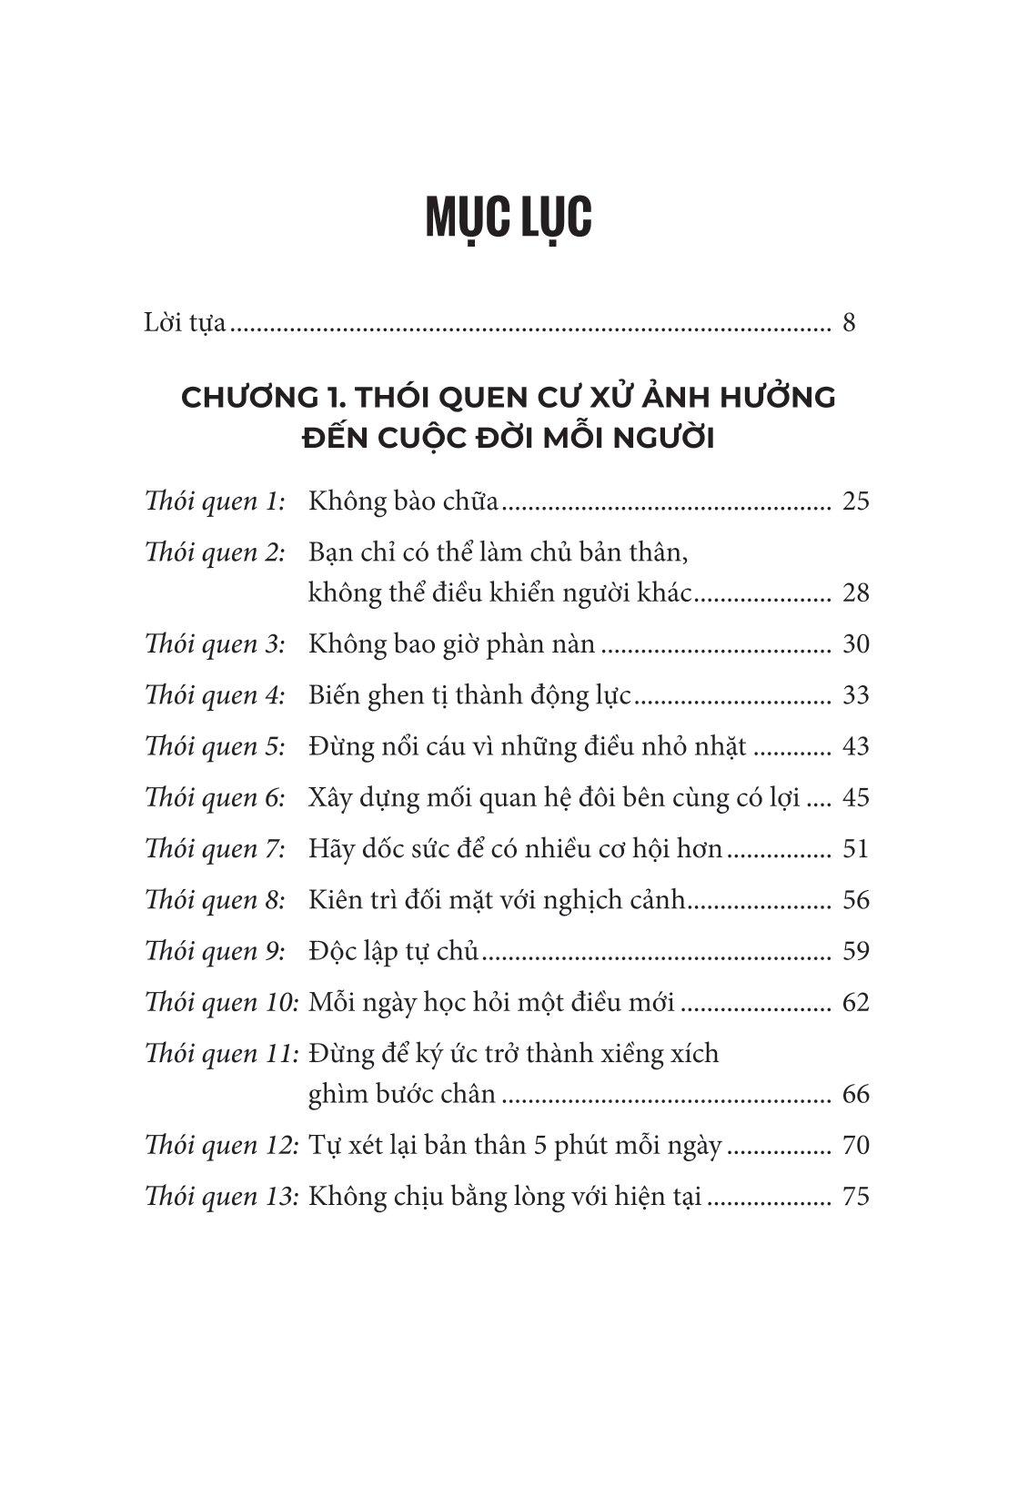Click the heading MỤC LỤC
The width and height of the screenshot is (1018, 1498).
coord(509,218)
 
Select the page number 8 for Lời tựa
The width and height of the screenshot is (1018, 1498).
coord(849,323)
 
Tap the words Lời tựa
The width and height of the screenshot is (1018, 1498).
coord(185,324)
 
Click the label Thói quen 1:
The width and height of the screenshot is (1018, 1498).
coord(215,501)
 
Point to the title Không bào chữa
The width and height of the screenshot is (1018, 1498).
coord(404,501)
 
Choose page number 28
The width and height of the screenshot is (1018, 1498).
coord(856,593)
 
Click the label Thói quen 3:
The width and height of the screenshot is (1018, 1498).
coord(215,644)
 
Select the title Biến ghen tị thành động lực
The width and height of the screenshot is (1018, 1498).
coord(469,695)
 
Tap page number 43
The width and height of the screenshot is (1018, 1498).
coord(856,746)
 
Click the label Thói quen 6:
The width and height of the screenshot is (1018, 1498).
coord(215,798)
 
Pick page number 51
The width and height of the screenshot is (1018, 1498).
coord(856,849)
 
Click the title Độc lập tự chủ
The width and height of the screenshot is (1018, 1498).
coord(393,951)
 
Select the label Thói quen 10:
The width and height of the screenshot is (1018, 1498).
coord(222,1003)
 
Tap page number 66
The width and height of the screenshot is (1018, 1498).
coord(856,1094)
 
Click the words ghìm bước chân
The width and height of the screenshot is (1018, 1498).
coord(402,1094)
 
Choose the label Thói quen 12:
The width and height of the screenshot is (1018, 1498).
coord(222,1145)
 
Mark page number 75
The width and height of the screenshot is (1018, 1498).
coord(856,1196)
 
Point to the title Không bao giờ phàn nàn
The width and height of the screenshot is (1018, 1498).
coord(452,644)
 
